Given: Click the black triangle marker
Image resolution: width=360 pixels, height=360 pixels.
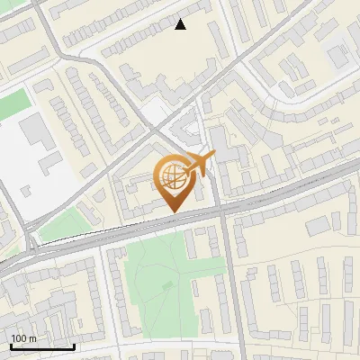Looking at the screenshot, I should pyautogui.click(x=181, y=24).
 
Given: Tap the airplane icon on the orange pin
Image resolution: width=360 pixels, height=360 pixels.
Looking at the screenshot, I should pyautogui.click(x=199, y=164).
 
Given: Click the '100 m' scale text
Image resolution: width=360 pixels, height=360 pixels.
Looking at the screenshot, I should pyautogui.click(x=24, y=337).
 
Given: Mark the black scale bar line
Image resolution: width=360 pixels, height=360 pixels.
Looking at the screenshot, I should pyautogui.click(x=42, y=346).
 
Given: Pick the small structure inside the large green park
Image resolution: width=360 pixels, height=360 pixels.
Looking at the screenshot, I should pyautogui.click(x=167, y=284).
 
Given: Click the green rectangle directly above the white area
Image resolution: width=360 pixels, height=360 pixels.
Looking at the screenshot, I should pyautogui.click(x=11, y=103).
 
